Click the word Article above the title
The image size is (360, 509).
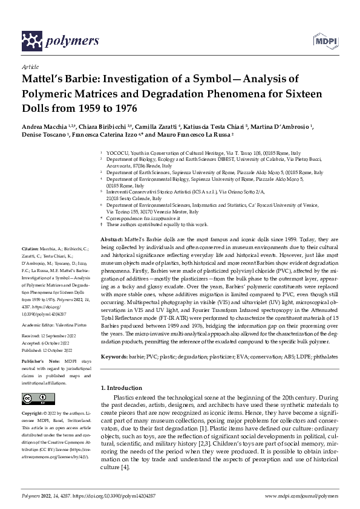tap(30, 66)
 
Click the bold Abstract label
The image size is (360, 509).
tap(112, 240)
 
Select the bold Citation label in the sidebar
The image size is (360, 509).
tap(30, 248)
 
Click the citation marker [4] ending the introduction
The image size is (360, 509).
tap(124, 467)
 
